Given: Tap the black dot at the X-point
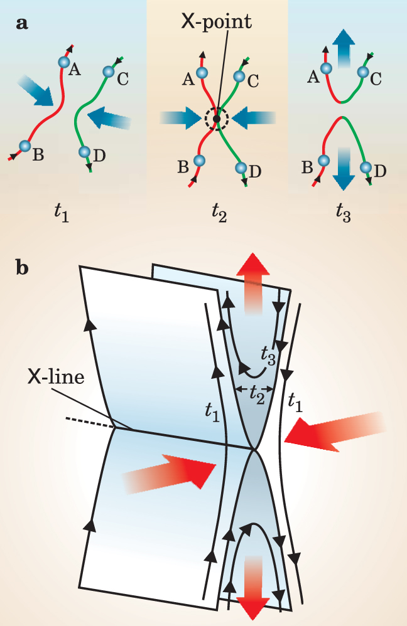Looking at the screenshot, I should (x=217, y=118).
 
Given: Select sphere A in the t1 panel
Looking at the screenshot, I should (x=63, y=61).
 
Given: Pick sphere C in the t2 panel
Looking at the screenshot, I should (x=239, y=77).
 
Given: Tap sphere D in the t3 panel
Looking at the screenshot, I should (x=366, y=167).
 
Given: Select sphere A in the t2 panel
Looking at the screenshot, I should (x=202, y=73).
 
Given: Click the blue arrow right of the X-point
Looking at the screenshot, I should (x=256, y=117).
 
